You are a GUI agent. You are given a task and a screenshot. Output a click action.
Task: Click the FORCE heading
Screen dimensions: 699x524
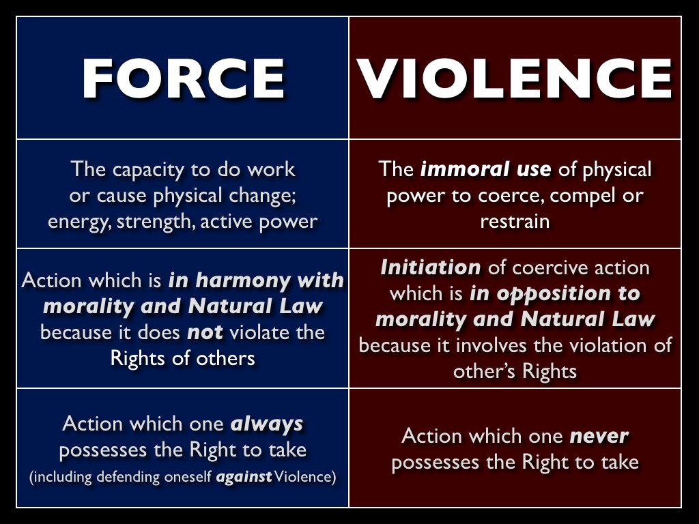coord(183,79)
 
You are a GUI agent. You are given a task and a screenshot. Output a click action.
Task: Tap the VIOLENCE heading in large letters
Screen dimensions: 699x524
coord(515,78)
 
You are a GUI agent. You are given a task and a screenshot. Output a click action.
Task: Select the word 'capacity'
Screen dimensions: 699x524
coord(148,170)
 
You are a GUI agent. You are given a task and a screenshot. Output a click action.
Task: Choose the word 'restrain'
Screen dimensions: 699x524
coord(515,222)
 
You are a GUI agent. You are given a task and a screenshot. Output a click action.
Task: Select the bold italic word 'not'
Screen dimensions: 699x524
coord(205,333)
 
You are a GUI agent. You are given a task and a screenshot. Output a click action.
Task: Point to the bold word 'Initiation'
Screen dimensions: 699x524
coord(431,267)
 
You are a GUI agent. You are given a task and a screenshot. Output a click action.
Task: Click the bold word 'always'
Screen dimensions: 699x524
coord(267,424)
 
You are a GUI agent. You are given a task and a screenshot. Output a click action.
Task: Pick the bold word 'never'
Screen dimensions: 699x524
coord(599,437)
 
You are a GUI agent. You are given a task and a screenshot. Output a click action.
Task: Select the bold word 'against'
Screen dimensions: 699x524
coord(244,477)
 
